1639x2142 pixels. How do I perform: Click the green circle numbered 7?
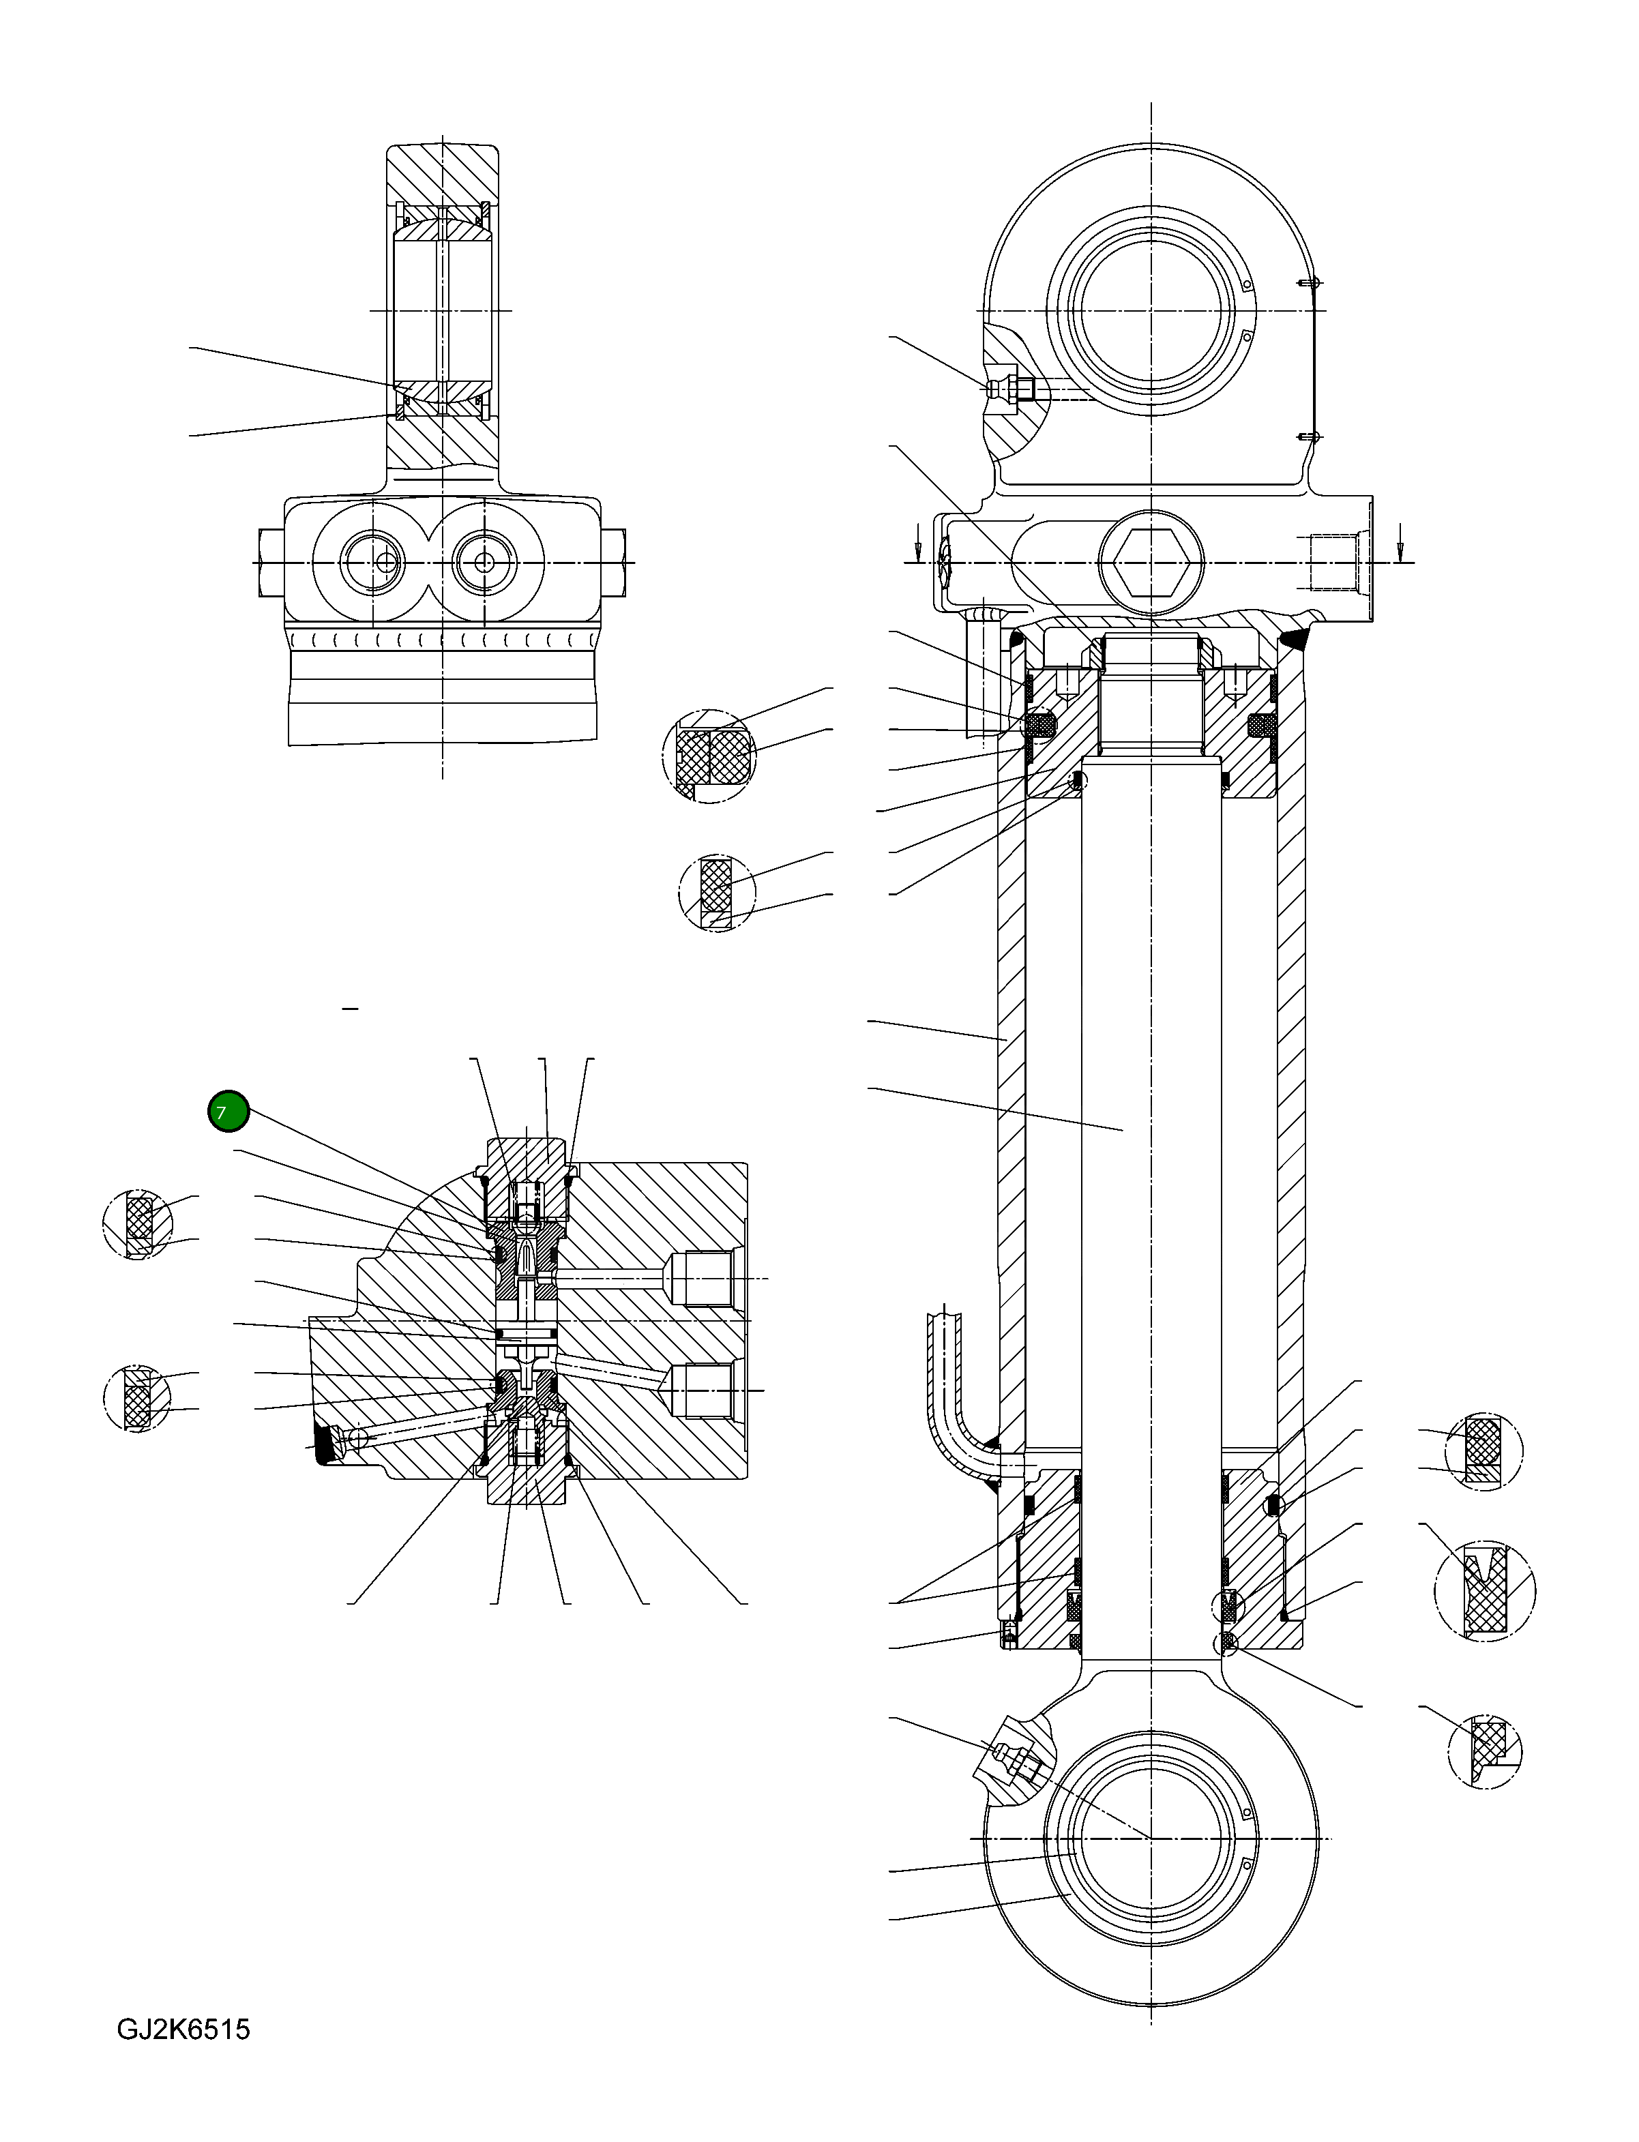[x=228, y=1112]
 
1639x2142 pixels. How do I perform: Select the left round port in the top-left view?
[x=372, y=563]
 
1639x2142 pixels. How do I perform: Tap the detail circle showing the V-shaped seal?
[x=1485, y=1590]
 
